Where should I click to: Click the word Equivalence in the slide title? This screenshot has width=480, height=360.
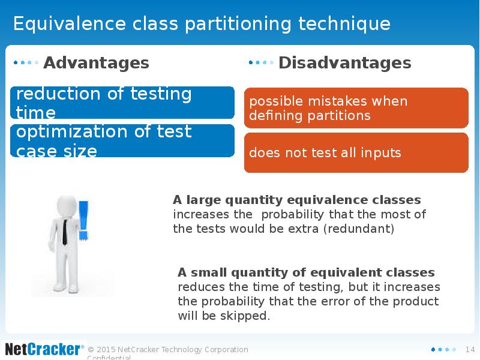(70, 23)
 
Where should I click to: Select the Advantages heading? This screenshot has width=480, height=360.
(96, 63)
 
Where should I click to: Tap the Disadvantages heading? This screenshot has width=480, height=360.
(344, 63)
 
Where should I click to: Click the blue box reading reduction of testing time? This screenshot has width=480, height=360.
(122, 103)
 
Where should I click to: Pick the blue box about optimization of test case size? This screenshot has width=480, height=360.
(122, 141)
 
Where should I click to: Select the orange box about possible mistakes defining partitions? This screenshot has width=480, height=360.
(356, 108)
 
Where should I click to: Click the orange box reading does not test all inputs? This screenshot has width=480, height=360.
(356, 152)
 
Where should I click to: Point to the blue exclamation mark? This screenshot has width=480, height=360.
(83, 220)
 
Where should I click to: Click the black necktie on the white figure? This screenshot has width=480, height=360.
(65, 232)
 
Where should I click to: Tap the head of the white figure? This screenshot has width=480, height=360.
(67, 206)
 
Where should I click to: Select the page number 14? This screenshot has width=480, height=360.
(470, 349)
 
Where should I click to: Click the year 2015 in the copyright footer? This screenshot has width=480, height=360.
(106, 349)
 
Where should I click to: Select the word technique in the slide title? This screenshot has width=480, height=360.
(344, 23)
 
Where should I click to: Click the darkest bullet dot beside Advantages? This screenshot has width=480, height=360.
(16, 63)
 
